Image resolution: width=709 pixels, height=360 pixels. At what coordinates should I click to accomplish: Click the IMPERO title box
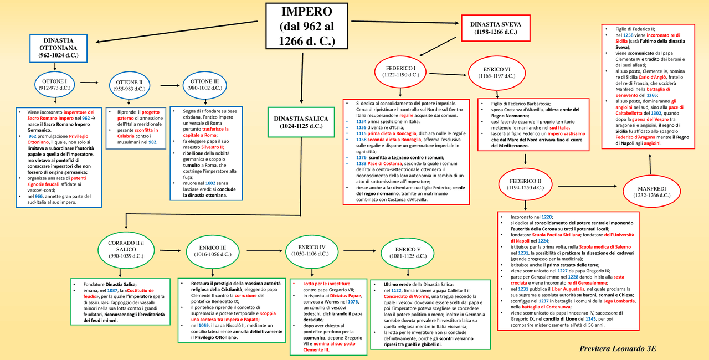(x=307, y=26)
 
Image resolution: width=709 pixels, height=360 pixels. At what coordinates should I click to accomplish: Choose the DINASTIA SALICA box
(x=301, y=122)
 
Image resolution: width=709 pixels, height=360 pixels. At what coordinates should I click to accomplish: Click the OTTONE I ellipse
(x=54, y=85)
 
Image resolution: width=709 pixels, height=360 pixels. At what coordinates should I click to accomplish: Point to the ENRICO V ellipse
(x=405, y=253)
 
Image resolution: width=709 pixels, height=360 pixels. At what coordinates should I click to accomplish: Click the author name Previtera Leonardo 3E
(x=617, y=348)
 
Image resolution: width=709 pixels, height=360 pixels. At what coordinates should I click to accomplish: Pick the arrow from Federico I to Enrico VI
(x=449, y=73)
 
